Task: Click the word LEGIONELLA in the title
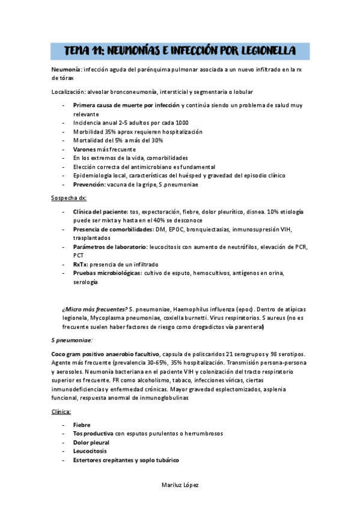tap(262, 52)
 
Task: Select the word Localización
tap(69, 91)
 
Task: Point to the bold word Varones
tap(87, 149)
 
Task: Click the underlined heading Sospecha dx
tap(69, 197)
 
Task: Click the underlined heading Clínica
tap(61, 411)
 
